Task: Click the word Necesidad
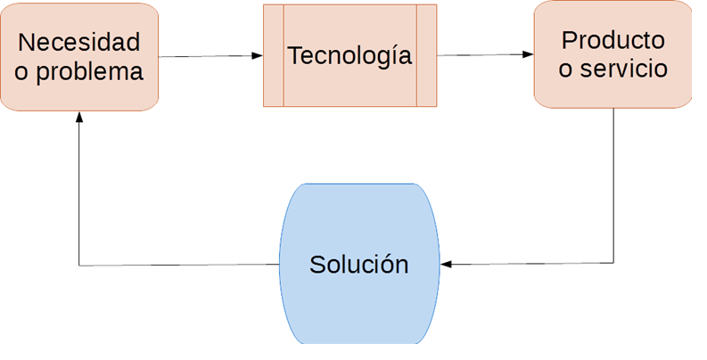pyautogui.click(x=79, y=42)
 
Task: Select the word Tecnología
pyautogui.click(x=349, y=55)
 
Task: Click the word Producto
pyautogui.click(x=612, y=40)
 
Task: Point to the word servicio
pyautogui.click(x=625, y=70)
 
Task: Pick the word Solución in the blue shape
pyautogui.click(x=358, y=265)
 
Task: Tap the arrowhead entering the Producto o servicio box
pyautogui.click(x=528, y=55)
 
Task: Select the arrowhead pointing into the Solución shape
pyautogui.click(x=447, y=264)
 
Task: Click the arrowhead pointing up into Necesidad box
pyautogui.click(x=79, y=118)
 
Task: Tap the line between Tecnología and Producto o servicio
pyautogui.click(x=481, y=55)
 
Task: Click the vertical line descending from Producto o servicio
pyautogui.click(x=613, y=187)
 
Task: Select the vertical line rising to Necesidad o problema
pyautogui.click(x=79, y=196)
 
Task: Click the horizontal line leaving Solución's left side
pyautogui.click(x=178, y=265)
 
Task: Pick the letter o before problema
pyautogui.click(x=21, y=72)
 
